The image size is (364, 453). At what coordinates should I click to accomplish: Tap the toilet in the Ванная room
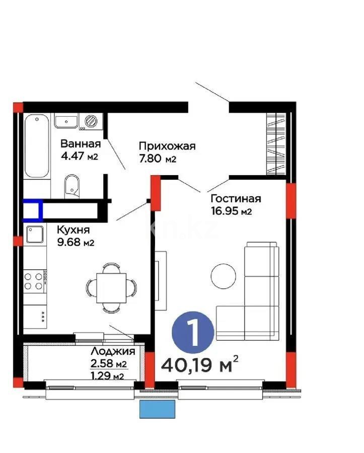[x=72, y=185]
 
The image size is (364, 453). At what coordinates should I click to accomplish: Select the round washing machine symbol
[x=92, y=121]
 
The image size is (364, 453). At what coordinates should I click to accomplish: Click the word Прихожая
[x=167, y=146]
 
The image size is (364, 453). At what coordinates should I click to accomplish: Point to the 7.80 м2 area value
[x=158, y=160]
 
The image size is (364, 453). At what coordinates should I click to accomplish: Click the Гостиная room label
[x=236, y=198]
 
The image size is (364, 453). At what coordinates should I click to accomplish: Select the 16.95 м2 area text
[x=231, y=211]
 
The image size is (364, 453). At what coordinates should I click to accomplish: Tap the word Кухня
[x=73, y=230]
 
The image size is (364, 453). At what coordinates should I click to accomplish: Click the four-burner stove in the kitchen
[x=35, y=280]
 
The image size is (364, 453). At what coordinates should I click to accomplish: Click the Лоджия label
[x=112, y=351]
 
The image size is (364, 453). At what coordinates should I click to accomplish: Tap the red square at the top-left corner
[x=18, y=107]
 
